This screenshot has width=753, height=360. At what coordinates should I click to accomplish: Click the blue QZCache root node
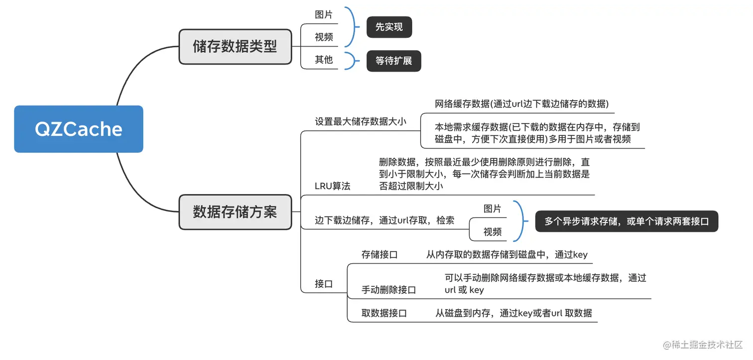tap(79, 129)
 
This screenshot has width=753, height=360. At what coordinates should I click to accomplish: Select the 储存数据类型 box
tap(235, 47)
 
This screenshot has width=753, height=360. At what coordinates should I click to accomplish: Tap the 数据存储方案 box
tap(235, 212)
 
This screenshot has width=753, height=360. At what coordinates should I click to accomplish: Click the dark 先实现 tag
tap(389, 27)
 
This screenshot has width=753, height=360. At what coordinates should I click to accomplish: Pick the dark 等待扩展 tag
tap(393, 61)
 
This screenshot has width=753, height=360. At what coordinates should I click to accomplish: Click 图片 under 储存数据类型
tap(324, 15)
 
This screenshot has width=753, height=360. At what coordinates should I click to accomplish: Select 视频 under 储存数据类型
tap(324, 37)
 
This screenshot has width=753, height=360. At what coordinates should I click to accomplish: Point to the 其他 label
tap(324, 60)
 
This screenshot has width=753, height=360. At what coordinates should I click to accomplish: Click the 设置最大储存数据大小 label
tap(361, 121)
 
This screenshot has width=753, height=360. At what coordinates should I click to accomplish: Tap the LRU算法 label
tap(333, 186)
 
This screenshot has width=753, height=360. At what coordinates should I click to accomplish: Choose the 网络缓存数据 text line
tap(521, 104)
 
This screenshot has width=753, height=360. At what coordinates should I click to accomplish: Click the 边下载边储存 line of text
tap(384, 220)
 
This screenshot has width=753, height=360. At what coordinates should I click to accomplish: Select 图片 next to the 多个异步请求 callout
tap(492, 209)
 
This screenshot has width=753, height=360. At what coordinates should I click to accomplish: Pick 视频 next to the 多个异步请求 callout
tap(492, 232)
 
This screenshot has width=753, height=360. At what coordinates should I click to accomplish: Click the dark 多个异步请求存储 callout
tap(627, 221)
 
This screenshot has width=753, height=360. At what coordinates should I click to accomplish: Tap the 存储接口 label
tap(379, 255)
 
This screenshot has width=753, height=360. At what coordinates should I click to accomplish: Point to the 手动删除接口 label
tap(388, 290)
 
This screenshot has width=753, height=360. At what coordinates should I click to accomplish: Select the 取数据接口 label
tap(384, 313)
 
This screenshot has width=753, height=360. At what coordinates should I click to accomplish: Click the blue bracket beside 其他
tap(354, 60)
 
